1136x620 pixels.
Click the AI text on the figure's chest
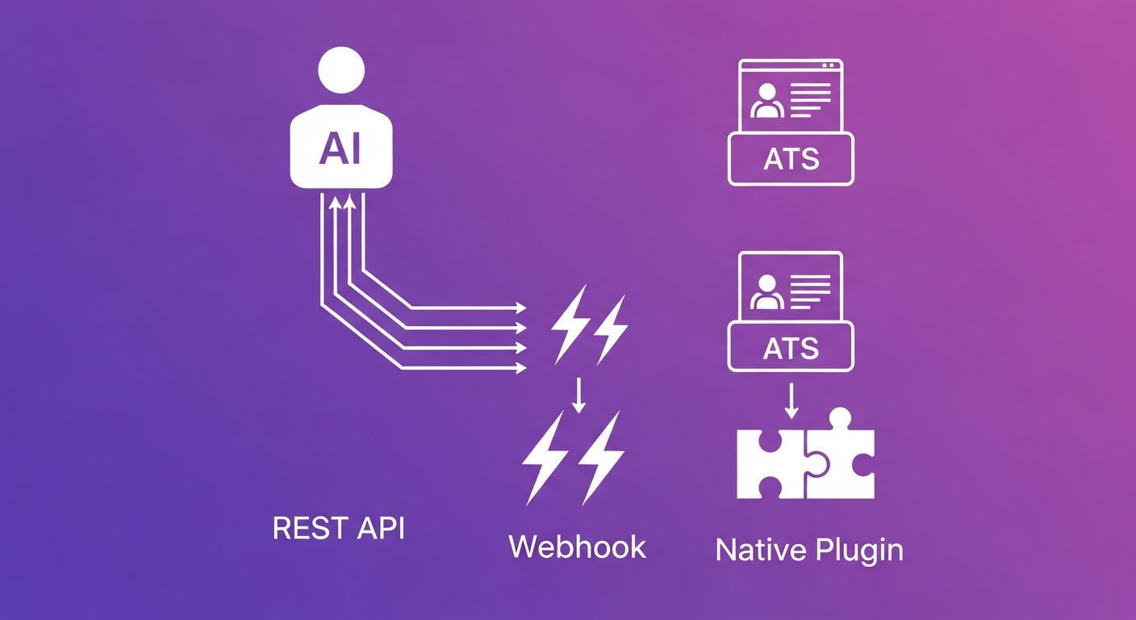340,148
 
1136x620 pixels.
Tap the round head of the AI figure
342,70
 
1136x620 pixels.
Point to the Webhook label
577,547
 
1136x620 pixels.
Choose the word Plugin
858,551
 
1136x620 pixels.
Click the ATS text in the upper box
791,160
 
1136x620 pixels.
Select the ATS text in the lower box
791,349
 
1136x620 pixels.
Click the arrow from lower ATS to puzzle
791,401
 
